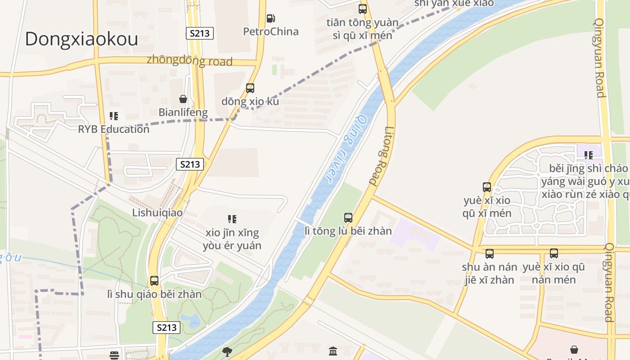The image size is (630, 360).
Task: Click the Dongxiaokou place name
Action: (x=81, y=39)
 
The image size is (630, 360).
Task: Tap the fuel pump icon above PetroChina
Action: (x=270, y=18)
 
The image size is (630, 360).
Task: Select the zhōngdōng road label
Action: (x=189, y=61)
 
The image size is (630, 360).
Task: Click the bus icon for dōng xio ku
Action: (x=250, y=88)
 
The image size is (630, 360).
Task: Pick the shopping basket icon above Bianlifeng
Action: (x=183, y=99)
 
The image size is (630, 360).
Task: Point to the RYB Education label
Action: (x=113, y=129)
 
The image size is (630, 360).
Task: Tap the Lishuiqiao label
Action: (x=157, y=212)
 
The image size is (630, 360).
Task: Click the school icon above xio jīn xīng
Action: (x=232, y=219)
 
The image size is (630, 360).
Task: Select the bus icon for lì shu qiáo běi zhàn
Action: (x=154, y=281)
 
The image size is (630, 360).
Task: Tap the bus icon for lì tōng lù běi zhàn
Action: (x=348, y=218)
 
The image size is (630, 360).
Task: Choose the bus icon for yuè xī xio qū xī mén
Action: (x=487, y=187)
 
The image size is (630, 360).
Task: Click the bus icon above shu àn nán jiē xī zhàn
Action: (x=490, y=254)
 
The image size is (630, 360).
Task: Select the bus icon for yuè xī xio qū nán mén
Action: (x=554, y=253)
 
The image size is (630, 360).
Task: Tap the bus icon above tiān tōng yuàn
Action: (x=363, y=9)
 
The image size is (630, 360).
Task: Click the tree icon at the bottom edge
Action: (x=227, y=351)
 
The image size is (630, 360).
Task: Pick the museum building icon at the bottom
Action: (x=333, y=351)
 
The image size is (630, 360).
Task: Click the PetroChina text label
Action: (x=271, y=31)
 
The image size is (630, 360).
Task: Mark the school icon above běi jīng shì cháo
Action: (x=589, y=155)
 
